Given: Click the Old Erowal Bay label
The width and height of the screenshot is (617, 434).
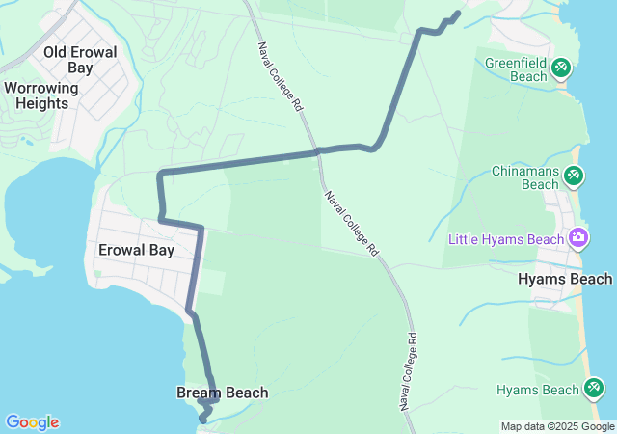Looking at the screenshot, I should click(x=80, y=60).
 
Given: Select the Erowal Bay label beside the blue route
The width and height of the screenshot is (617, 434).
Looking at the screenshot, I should click(x=136, y=250).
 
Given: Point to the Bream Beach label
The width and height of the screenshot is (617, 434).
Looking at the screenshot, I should click(x=222, y=393).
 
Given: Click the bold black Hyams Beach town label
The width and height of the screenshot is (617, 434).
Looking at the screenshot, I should click(x=565, y=279).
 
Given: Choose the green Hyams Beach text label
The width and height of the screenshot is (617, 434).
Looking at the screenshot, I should click(x=539, y=390).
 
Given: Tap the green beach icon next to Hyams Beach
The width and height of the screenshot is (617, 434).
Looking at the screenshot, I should click(x=594, y=389).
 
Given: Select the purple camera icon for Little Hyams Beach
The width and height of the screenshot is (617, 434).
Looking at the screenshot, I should click(x=578, y=237).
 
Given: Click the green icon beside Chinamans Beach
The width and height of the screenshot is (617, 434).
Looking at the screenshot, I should click(x=574, y=176).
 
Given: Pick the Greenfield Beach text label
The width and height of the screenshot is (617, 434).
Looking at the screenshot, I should click(x=516, y=69).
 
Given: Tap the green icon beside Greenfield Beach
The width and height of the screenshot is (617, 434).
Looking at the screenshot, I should click(x=562, y=68).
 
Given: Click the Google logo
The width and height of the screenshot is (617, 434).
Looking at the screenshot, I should click(x=32, y=422).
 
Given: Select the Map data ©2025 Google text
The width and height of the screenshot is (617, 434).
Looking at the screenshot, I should click(x=557, y=426).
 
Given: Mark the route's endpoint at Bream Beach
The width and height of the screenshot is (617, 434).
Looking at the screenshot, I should click(x=203, y=419).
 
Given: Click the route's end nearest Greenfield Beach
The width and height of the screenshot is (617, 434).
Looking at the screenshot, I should click(x=457, y=14).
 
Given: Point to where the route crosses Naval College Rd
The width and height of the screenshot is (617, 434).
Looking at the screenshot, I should click(x=317, y=152).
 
